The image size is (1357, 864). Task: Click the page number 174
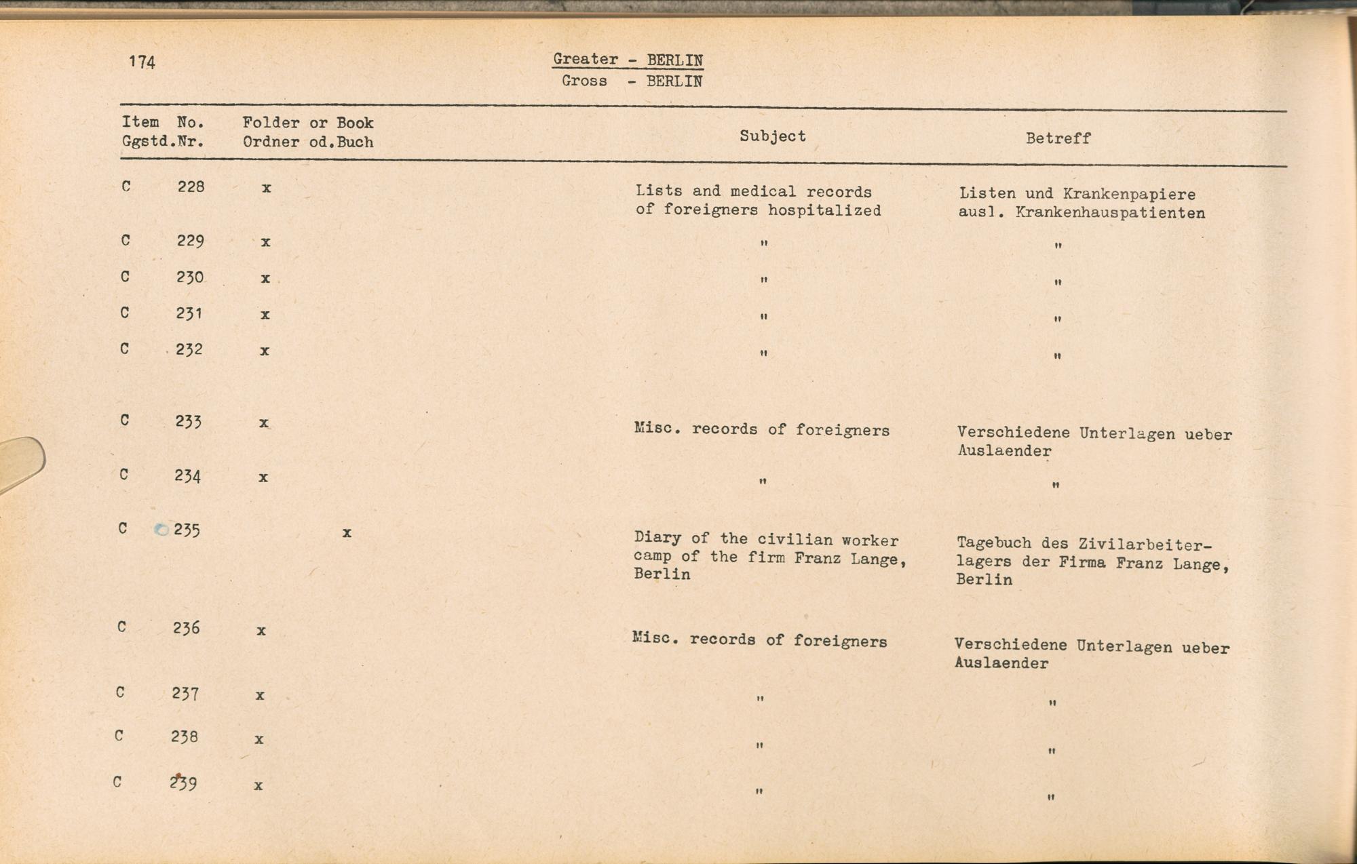(142, 62)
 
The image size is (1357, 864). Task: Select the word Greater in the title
(586, 59)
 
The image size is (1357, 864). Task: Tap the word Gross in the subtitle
(584, 81)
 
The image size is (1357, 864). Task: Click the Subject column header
(772, 136)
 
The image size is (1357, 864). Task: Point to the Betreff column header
(1058, 138)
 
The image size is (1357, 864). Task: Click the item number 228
(191, 186)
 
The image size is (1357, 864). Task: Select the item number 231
(189, 313)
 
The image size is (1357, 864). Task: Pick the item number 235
(187, 530)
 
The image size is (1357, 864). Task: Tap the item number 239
(183, 783)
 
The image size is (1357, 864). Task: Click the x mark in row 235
(347, 533)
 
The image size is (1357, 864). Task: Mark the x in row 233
(264, 423)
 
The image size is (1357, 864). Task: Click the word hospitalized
(824, 211)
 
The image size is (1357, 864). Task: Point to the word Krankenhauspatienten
(1110, 213)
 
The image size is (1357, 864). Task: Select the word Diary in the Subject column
(657, 538)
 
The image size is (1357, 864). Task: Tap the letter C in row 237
(120, 692)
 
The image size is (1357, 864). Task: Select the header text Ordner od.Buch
(308, 142)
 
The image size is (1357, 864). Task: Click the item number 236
(186, 628)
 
